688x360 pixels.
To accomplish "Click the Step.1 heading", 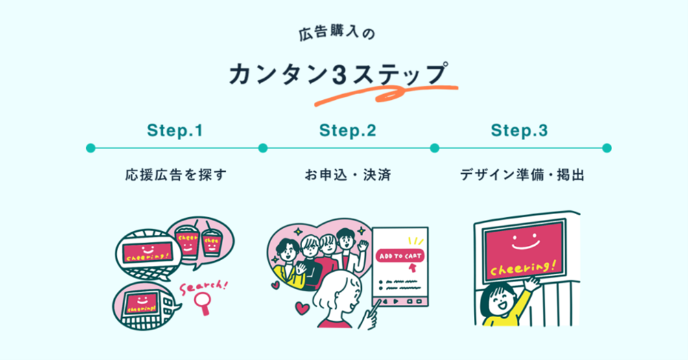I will (175, 130).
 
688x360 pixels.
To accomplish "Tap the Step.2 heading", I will (348, 130).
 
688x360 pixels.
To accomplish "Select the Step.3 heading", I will (519, 130).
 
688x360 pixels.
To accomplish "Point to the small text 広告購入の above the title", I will (337, 33).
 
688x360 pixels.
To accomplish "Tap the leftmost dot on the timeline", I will (91, 148).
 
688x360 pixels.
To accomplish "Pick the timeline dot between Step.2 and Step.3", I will (434, 148).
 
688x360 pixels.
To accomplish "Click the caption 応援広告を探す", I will (176, 175).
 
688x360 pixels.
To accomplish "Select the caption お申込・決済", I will (348, 175).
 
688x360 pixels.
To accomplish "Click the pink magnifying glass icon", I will (206, 302).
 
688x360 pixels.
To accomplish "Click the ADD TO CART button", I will (399, 256).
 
